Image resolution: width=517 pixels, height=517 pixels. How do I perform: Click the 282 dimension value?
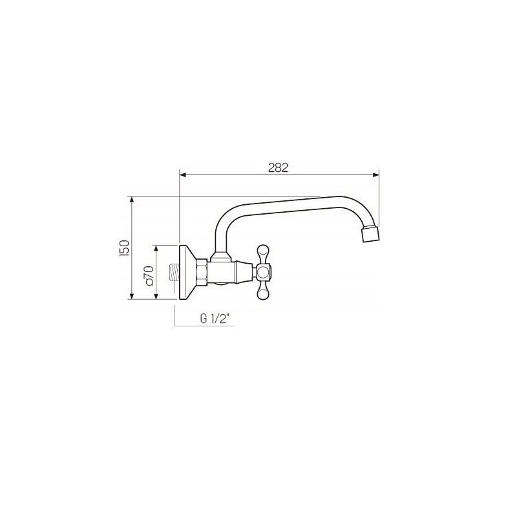point(278,167)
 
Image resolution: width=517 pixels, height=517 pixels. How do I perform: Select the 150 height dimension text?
point(125,248)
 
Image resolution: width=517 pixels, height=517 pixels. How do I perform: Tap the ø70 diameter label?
point(149,275)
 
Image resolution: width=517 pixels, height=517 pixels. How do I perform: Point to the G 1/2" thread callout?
point(215,319)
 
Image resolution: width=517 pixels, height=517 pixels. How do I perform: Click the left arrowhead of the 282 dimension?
point(183,174)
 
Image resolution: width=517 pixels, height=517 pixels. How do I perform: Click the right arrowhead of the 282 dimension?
point(375,174)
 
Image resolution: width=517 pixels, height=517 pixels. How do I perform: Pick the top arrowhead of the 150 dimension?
point(132,200)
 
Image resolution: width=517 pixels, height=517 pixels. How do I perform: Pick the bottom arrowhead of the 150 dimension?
point(132,296)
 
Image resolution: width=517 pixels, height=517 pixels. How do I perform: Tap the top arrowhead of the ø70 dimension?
point(156,249)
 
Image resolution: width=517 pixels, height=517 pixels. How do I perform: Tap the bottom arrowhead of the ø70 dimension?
point(156,296)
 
